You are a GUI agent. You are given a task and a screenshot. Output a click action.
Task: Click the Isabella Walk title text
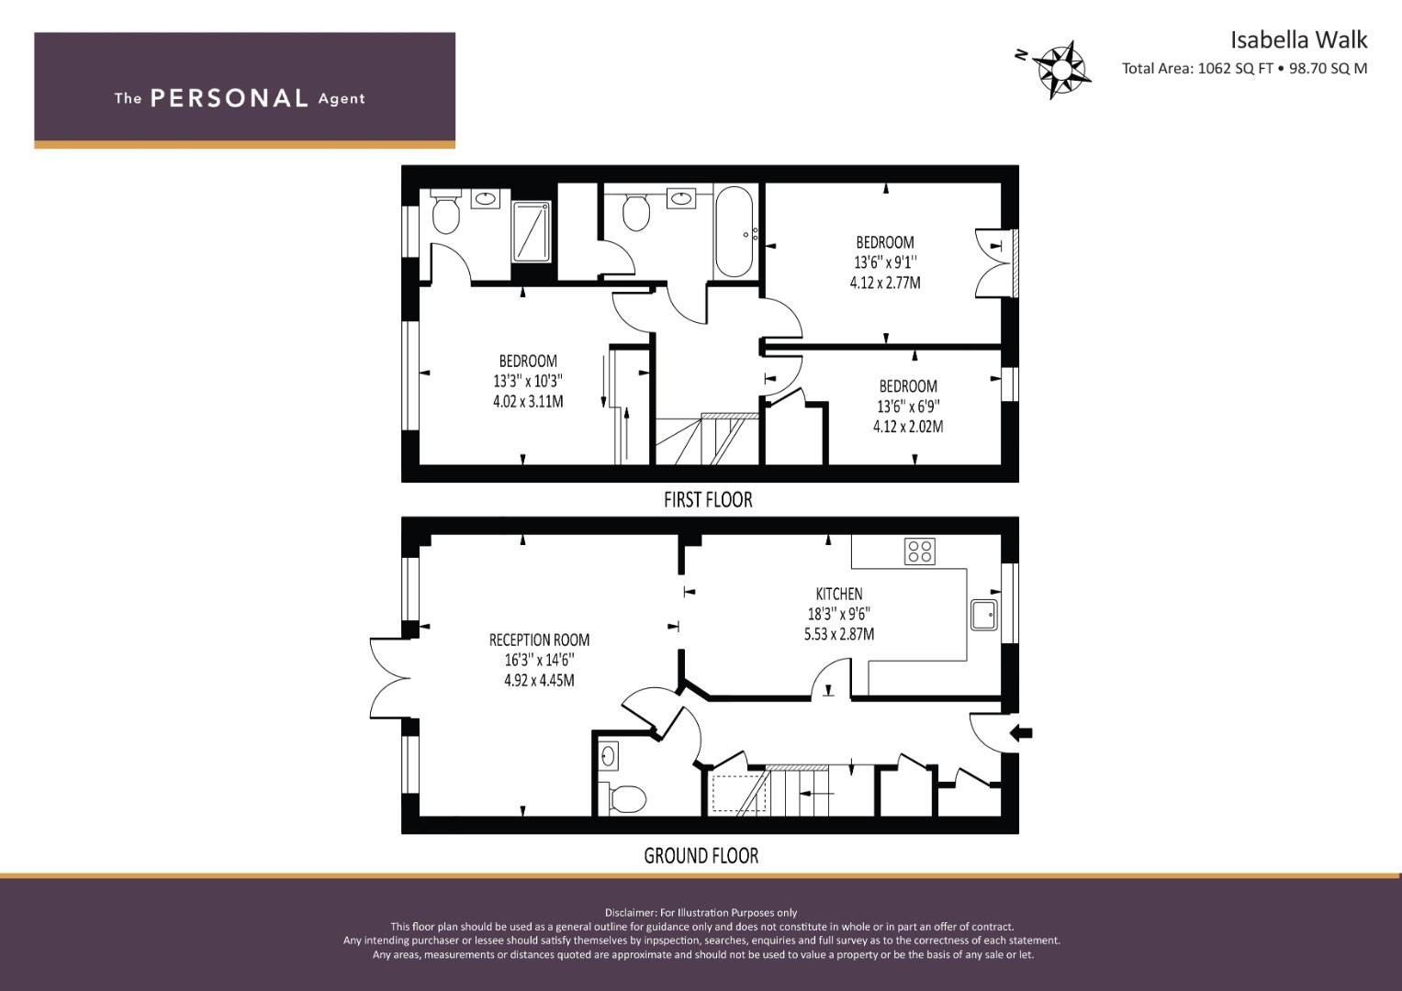(1299, 40)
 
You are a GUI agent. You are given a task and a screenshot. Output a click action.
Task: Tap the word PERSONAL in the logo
(230, 98)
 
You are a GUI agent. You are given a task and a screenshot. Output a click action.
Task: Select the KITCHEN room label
(838, 594)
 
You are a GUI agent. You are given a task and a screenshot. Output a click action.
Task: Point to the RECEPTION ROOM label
(539, 640)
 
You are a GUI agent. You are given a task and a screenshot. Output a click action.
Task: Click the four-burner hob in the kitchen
(920, 551)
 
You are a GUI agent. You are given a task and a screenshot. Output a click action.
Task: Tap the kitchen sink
(984, 615)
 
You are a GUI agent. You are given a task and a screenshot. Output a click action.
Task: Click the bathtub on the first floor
(734, 231)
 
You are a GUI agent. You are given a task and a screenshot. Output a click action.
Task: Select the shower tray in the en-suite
(532, 231)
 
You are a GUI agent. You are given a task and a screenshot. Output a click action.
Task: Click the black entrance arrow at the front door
(1022, 732)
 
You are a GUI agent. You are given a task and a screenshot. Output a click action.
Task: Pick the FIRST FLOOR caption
(708, 500)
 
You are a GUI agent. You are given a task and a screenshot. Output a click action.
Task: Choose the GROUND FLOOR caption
(701, 856)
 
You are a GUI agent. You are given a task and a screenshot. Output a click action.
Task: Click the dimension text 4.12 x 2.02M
(908, 427)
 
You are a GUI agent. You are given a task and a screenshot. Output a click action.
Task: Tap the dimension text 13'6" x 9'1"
(885, 262)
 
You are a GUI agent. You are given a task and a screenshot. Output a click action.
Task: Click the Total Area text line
(1244, 69)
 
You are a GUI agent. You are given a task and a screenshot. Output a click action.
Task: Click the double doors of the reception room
(389, 678)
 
